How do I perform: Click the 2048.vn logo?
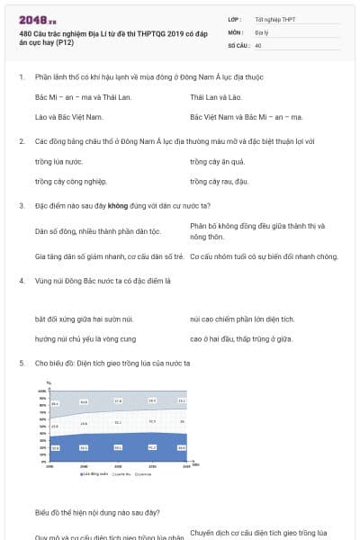37,19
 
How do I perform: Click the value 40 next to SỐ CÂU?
258,45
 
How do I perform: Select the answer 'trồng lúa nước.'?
58,161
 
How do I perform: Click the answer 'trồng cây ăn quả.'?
219,161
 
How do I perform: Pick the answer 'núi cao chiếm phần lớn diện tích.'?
242,319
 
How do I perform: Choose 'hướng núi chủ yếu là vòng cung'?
85,338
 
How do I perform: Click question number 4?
21,280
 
